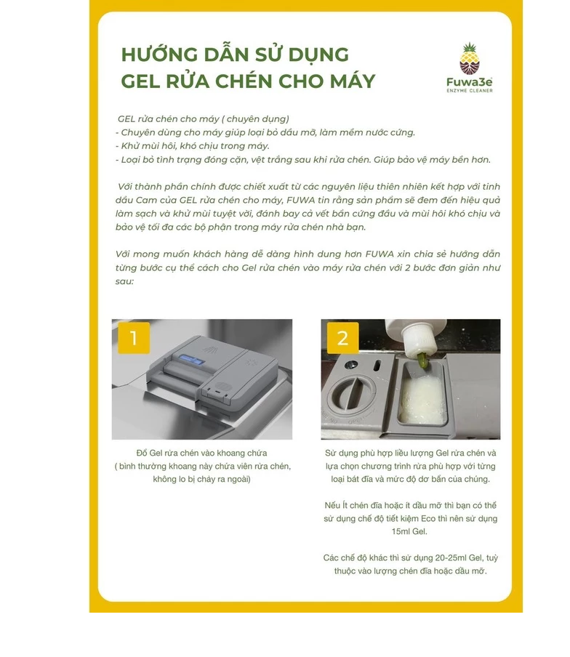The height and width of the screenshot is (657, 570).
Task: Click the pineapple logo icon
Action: pos(470,59)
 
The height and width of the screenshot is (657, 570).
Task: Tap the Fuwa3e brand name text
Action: pos(470,82)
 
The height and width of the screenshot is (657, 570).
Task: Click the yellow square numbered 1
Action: pos(134,338)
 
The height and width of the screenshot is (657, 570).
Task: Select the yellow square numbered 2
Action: pos(343,338)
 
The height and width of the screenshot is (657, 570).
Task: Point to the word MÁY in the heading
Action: pos(353,81)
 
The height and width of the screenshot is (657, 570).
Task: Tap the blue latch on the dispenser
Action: pos(190,360)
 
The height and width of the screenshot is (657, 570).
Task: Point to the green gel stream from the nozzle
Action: pos(422,363)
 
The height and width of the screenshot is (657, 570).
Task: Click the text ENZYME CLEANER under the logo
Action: pos(470,91)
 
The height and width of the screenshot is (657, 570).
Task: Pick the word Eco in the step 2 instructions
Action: pos(428,518)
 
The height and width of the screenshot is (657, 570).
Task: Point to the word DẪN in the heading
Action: pos(226,54)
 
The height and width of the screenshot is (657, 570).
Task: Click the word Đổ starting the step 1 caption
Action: pos(142,453)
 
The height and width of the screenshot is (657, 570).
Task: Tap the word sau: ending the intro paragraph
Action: pos(124,281)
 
